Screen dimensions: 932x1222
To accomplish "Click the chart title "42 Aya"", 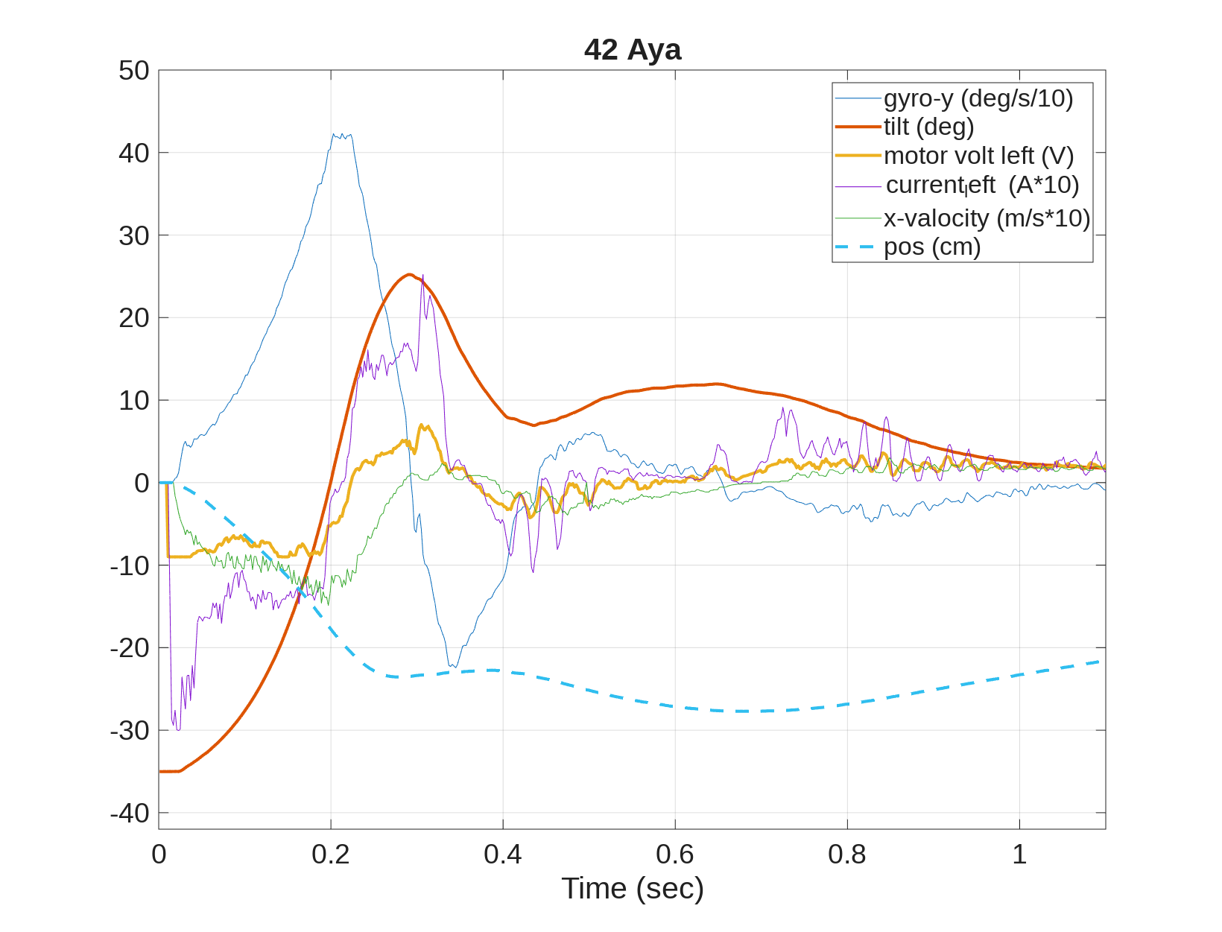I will (x=632, y=50).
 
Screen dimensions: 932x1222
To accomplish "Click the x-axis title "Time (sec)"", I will (x=632, y=888).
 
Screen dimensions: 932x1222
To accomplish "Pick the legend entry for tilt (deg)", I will (x=928, y=127).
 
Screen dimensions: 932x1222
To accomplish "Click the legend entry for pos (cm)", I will (x=932, y=247).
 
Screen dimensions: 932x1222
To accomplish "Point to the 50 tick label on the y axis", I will (x=134, y=71).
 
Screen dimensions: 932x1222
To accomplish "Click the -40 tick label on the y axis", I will (x=130, y=813).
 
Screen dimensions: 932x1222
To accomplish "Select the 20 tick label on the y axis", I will (x=134, y=318).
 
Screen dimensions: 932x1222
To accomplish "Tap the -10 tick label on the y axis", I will (x=130, y=565).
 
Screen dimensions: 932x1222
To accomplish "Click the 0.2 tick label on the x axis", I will (x=331, y=855).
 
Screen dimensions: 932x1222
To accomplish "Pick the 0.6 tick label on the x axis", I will (x=675, y=855).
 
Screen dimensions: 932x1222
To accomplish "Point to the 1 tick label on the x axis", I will (x=1019, y=855).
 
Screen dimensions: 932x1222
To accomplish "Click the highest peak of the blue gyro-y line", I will (x=335, y=134).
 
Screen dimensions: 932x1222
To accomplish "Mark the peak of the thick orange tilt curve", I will (x=409, y=274).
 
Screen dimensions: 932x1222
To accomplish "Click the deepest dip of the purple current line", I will (x=177, y=729).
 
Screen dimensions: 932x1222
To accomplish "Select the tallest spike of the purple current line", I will (x=423, y=275).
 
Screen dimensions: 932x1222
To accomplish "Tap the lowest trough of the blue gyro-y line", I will (x=450, y=666).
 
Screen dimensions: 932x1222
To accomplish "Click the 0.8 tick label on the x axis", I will (x=847, y=855).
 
